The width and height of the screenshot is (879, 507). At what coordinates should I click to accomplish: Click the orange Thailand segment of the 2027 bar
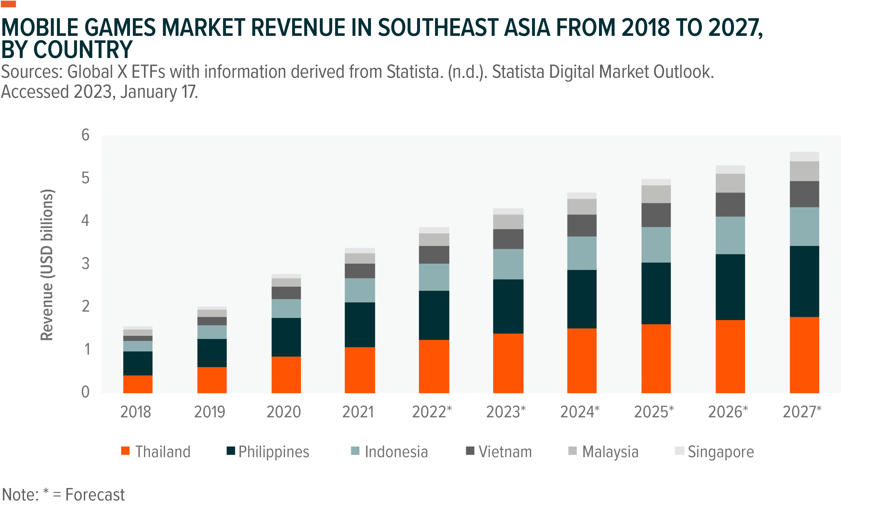804,355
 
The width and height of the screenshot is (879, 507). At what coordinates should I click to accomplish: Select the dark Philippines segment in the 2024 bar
582,299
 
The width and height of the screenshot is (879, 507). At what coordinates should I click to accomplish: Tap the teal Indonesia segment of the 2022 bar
434,277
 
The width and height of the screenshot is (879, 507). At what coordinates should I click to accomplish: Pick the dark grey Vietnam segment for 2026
730,205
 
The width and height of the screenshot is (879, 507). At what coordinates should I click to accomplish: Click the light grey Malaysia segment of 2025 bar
656,194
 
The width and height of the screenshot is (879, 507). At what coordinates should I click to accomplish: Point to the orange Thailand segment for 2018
138,384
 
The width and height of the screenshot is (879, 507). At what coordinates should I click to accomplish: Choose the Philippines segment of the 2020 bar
286,337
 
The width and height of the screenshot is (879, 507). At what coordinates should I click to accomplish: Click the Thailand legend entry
156,452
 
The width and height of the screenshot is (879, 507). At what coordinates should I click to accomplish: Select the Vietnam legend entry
499,452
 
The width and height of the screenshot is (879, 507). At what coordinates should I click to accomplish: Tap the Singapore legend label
721,452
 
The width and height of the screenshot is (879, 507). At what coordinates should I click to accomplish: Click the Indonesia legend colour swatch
355,451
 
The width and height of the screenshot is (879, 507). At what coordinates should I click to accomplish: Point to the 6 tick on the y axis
85,135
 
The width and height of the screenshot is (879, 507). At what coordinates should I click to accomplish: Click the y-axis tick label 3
85,264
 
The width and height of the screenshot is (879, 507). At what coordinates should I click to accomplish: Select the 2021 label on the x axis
358,412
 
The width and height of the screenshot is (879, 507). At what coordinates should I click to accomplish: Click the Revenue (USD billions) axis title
47,265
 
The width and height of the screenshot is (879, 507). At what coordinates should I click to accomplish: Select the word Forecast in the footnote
95,494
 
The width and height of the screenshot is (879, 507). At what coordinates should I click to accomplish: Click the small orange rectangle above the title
8,4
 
